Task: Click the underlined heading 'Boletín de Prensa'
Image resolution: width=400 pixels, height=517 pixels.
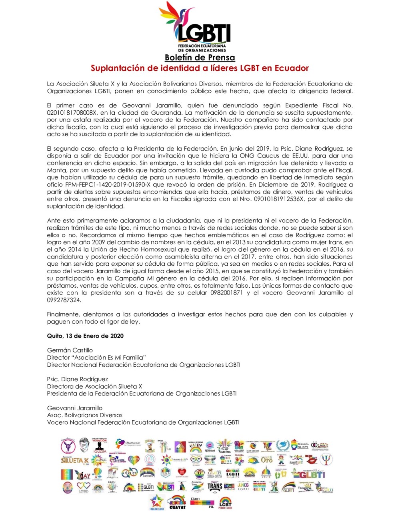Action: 200,58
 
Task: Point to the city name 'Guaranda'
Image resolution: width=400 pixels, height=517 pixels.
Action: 162,113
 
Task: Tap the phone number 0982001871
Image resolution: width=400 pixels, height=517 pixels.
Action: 226,293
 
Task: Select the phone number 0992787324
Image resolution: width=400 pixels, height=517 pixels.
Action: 64,300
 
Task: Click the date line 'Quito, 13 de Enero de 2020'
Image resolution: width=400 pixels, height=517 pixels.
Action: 85,336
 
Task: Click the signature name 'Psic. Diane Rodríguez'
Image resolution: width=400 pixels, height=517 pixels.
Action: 77,379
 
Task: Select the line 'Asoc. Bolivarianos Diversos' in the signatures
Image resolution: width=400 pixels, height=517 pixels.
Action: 84,415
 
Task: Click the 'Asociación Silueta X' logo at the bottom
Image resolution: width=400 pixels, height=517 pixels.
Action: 74,460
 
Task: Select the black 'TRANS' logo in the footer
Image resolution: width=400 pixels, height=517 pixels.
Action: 214,487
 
